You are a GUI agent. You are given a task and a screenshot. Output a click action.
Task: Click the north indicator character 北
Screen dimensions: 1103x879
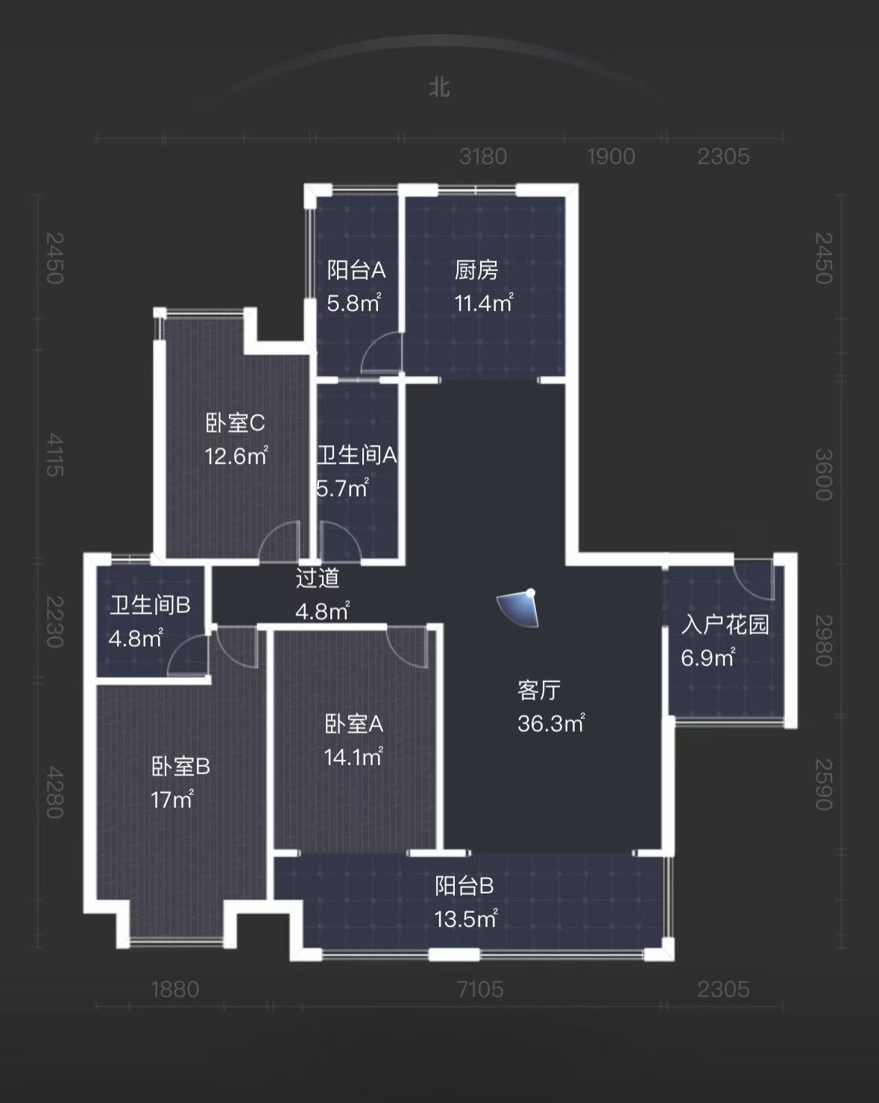pyautogui.click(x=439, y=87)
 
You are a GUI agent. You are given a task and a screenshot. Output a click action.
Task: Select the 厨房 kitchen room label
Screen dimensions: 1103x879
pyautogui.click(x=476, y=269)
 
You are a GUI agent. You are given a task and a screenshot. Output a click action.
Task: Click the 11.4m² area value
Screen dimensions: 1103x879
pyautogui.click(x=483, y=303)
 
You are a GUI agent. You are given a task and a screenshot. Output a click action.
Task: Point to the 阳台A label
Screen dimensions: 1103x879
pyautogui.click(x=356, y=269)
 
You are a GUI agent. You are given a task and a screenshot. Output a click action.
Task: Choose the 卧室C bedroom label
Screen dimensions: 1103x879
pyautogui.click(x=235, y=423)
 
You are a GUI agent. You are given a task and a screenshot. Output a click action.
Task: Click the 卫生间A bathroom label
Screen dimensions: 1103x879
pyautogui.click(x=356, y=455)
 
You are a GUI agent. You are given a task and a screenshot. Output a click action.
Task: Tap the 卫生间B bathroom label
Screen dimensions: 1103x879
pyautogui.click(x=150, y=605)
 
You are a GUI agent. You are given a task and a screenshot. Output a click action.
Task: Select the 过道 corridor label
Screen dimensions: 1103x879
pyautogui.click(x=318, y=578)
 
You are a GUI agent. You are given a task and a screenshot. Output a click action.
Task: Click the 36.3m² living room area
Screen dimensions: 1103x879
pyautogui.click(x=551, y=723)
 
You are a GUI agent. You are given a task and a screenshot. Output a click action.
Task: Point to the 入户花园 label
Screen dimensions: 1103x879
pyautogui.click(x=725, y=624)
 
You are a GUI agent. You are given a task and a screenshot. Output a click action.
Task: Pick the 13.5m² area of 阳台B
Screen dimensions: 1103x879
pyautogui.click(x=465, y=919)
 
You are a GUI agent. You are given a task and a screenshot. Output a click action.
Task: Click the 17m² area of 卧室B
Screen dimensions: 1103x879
pyautogui.click(x=172, y=800)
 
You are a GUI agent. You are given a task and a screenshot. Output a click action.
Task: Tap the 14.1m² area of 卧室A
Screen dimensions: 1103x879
pyautogui.click(x=353, y=757)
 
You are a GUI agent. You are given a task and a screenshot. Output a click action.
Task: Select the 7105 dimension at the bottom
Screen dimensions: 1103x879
pyautogui.click(x=480, y=990)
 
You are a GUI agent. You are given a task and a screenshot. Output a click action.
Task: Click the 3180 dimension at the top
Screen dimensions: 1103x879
pyautogui.click(x=483, y=157)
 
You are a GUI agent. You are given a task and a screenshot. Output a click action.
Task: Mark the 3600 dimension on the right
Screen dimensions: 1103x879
pyautogui.click(x=822, y=474)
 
